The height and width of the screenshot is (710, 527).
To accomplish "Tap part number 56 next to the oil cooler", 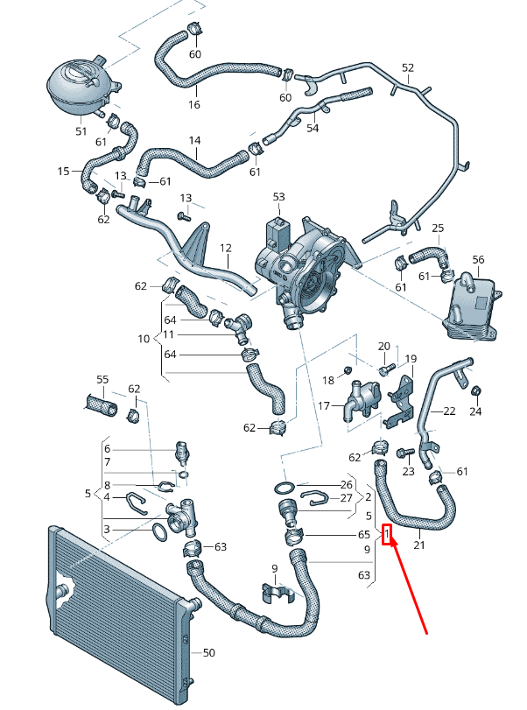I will pos(478,260).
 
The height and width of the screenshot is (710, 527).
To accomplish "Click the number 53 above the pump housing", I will pos(279,197).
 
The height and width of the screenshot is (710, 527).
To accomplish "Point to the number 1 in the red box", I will pos(386,533).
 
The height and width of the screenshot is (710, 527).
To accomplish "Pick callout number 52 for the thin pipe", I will pos(407,67).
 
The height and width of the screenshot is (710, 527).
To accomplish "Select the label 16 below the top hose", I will pos(194,104).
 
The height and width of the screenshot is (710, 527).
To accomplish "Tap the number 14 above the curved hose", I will pos(194,141).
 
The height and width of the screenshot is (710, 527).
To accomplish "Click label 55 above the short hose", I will pos(102,381).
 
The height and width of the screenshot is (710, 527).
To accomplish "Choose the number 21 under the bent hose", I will pos(419,546).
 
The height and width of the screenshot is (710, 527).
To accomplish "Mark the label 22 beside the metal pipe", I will pos(449,411).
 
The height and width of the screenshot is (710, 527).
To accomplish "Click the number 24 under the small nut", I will pos(475,411).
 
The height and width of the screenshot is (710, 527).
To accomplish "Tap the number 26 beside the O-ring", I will pos(346,484).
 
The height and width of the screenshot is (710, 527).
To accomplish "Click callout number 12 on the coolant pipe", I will pos(225,248).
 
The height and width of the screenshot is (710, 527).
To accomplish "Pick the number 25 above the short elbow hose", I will pos(438,228).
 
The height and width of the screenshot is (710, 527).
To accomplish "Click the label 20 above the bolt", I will pos(383,347).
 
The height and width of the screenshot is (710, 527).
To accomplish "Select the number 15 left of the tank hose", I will pos(63,171).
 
